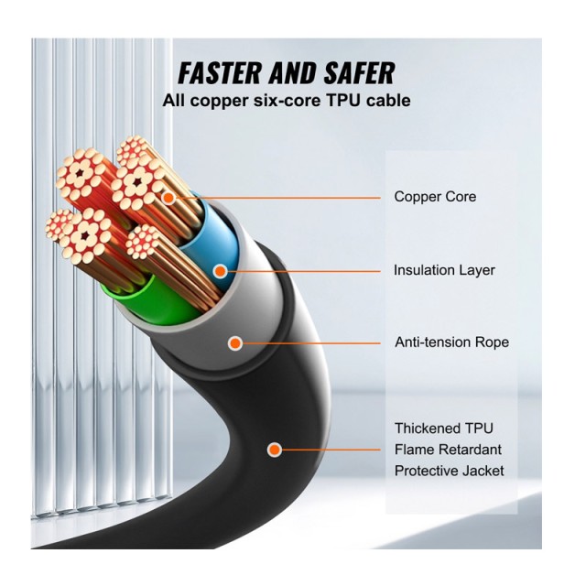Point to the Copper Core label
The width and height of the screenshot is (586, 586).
coord(435,197)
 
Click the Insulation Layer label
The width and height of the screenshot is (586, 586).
coord(444,270)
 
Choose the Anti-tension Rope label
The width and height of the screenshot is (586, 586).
coord(451,342)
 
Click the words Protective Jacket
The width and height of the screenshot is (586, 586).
coord(449,471)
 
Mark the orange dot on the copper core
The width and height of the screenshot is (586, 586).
coord(168,197)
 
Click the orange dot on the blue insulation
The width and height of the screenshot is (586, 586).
coord(220,270)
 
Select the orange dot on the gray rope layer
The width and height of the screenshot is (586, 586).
coord(234,343)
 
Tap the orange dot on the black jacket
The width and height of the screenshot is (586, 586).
coord(274,450)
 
